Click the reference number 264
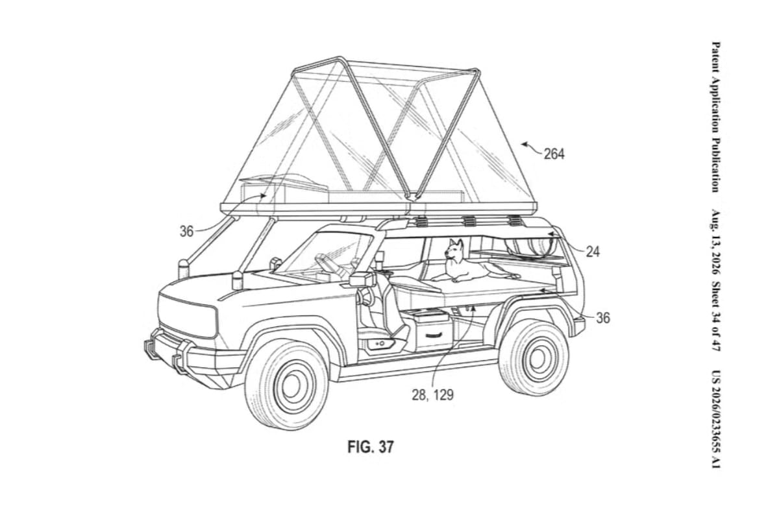tap(554, 154)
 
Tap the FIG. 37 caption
tap(371, 446)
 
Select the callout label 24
tap(593, 252)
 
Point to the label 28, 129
tap(432, 395)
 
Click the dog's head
tap(453, 250)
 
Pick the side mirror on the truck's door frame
tap(359, 278)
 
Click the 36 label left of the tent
tap(186, 231)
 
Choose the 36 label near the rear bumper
tap(602, 318)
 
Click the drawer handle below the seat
tap(435, 334)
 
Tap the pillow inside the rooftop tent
tap(284, 182)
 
